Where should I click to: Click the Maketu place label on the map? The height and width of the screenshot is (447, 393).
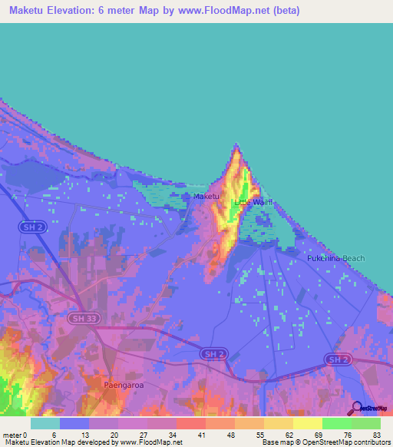tap(206, 197)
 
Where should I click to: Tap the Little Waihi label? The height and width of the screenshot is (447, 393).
tap(253, 202)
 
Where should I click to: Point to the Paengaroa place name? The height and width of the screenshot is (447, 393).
tap(121, 381)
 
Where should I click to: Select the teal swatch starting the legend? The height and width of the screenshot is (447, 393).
tap(45, 423)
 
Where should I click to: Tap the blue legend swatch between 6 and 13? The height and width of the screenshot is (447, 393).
tap(74, 423)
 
